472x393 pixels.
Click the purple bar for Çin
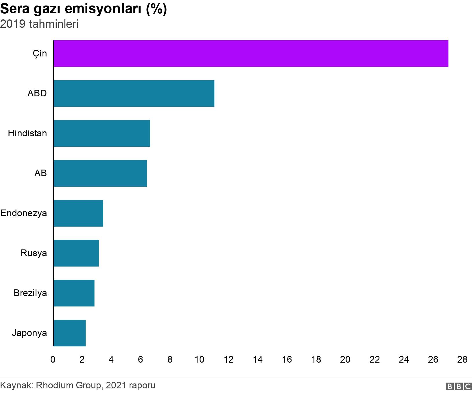(x=251, y=54)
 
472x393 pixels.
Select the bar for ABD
(x=134, y=93)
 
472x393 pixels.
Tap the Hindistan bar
(x=102, y=133)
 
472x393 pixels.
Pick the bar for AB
(x=100, y=173)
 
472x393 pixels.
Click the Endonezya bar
(x=78, y=213)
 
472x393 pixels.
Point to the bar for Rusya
(x=76, y=253)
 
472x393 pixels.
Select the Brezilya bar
(x=74, y=293)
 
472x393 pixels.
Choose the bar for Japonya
(x=69, y=333)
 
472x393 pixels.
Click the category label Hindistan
(x=27, y=133)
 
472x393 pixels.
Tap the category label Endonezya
(x=23, y=213)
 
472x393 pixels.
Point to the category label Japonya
(x=29, y=333)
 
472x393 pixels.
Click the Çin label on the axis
(x=40, y=54)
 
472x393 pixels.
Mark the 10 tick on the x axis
(x=199, y=360)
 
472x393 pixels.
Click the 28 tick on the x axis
(x=462, y=360)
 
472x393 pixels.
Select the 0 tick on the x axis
(x=53, y=360)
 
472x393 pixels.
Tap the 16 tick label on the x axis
(x=287, y=360)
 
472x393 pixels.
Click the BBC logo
(x=459, y=386)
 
